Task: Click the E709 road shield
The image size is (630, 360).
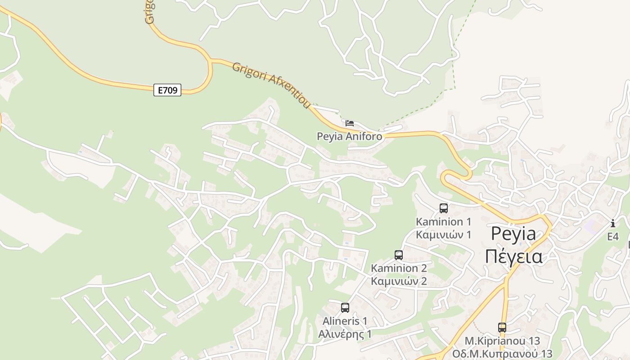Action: click(x=167, y=90)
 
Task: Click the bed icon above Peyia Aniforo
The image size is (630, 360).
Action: click(x=350, y=123)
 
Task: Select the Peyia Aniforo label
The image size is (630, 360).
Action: click(x=350, y=136)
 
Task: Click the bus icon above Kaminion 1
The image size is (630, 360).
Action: click(x=444, y=208)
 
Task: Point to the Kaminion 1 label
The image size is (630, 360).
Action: click(x=444, y=222)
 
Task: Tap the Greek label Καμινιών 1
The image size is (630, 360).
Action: click(x=444, y=234)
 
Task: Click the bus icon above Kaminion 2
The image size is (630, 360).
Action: click(x=399, y=255)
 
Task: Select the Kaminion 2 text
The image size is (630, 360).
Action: click(x=399, y=269)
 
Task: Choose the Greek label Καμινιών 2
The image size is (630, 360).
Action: click(x=399, y=281)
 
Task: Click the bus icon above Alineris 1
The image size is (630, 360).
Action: click(x=345, y=308)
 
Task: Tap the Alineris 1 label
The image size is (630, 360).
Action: click(x=345, y=321)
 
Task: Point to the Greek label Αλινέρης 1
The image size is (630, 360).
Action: click(x=345, y=334)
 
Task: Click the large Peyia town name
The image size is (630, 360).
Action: click(x=513, y=234)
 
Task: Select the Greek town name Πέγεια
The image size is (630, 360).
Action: click(x=513, y=256)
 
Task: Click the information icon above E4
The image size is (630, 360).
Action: click(x=613, y=223)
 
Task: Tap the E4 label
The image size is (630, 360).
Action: click(x=613, y=237)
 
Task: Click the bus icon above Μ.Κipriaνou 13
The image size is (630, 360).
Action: click(x=502, y=328)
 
